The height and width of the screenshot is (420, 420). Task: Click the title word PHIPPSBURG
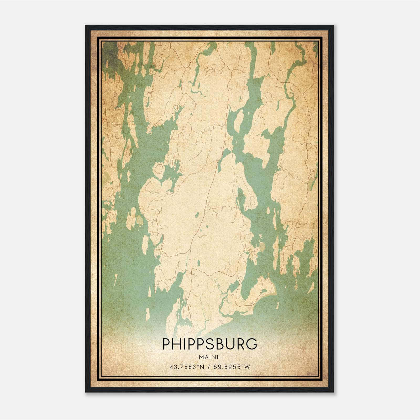(210, 344)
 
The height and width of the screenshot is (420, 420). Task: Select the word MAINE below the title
(210, 357)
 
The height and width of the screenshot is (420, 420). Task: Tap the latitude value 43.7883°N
(187, 367)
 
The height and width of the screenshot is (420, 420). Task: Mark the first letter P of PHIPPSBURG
(167, 344)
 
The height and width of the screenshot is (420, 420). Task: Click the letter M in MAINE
(201, 357)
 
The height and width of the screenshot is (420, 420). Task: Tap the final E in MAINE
(219, 357)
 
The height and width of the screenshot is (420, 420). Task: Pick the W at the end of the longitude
(248, 367)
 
